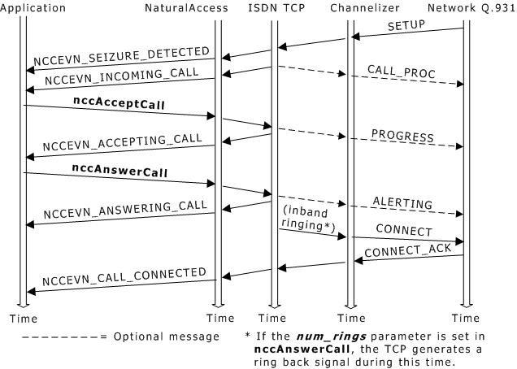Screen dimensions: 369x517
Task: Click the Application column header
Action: tap(33, 7)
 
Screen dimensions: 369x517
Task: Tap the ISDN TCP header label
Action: tap(274, 7)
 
